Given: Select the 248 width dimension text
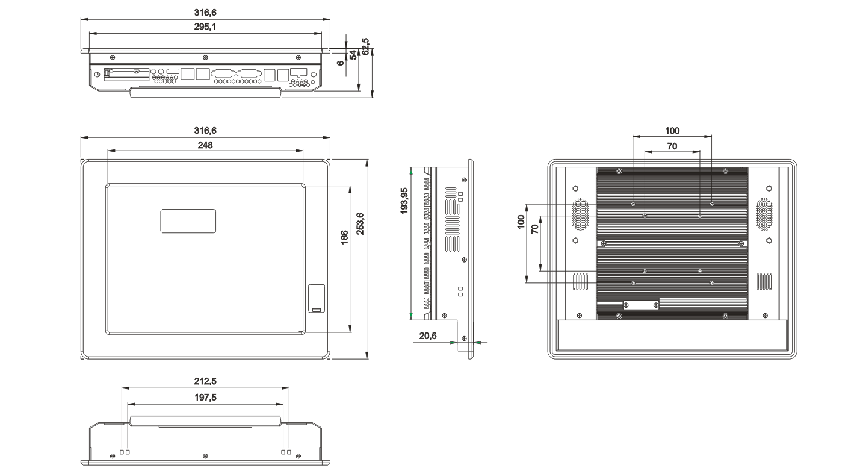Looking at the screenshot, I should (205, 145).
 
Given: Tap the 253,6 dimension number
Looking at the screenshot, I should (360, 224).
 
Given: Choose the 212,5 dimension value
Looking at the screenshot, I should (205, 381).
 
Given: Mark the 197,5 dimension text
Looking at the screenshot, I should (205, 397).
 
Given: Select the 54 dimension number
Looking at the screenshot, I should (353, 55).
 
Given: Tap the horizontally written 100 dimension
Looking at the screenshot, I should (672, 130).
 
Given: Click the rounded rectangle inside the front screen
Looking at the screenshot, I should (188, 220).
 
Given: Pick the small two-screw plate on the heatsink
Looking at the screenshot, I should (640, 305).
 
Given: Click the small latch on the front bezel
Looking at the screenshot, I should (317, 299).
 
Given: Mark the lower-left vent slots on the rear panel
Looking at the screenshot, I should (580, 282).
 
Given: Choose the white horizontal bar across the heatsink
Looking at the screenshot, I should (672, 243).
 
